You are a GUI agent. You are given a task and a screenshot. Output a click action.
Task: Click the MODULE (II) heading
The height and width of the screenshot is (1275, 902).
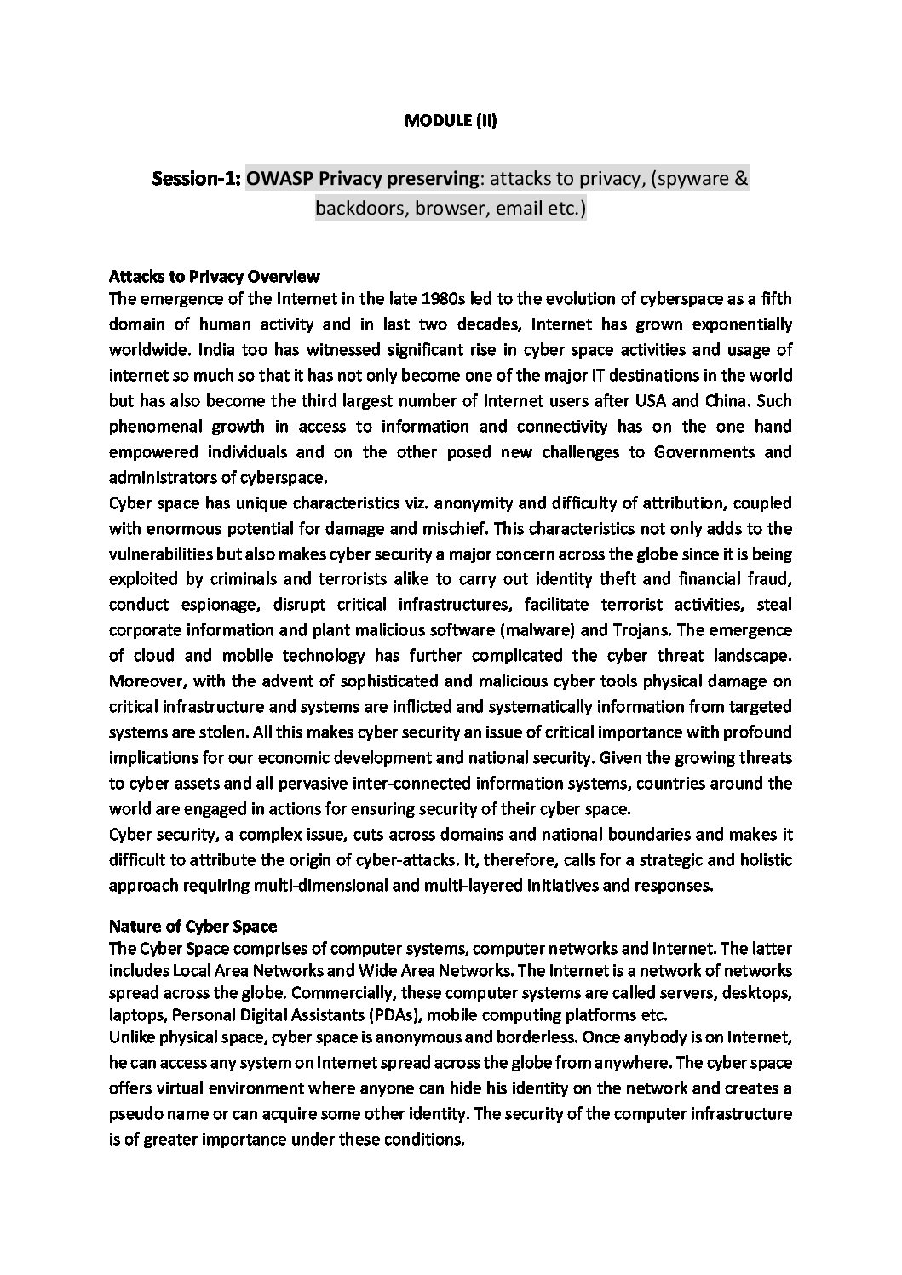(x=450, y=121)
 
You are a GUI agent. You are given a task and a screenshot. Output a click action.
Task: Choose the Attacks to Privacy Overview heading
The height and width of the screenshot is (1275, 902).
(x=215, y=276)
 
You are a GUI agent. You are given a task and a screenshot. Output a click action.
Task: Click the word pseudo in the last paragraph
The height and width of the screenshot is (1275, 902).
(x=137, y=1114)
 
